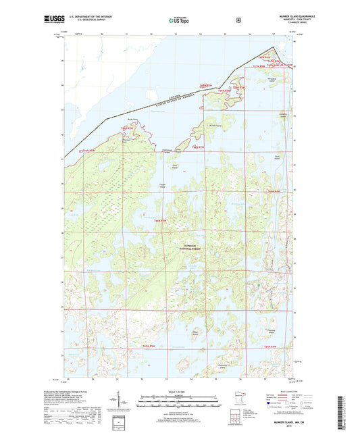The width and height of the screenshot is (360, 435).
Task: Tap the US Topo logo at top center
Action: [179, 21]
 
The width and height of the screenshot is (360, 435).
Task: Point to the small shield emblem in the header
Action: [238, 20]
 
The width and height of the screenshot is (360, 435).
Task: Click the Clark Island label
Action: [276, 156]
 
